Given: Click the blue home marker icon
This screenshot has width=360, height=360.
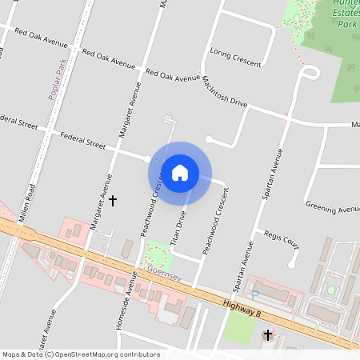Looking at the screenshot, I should click(180, 173).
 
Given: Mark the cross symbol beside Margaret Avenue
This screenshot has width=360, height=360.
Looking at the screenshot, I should click(113, 200).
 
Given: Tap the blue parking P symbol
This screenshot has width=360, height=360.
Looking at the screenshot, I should click(254, 294).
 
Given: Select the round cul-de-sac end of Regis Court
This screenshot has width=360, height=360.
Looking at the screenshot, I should click(293, 262).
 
